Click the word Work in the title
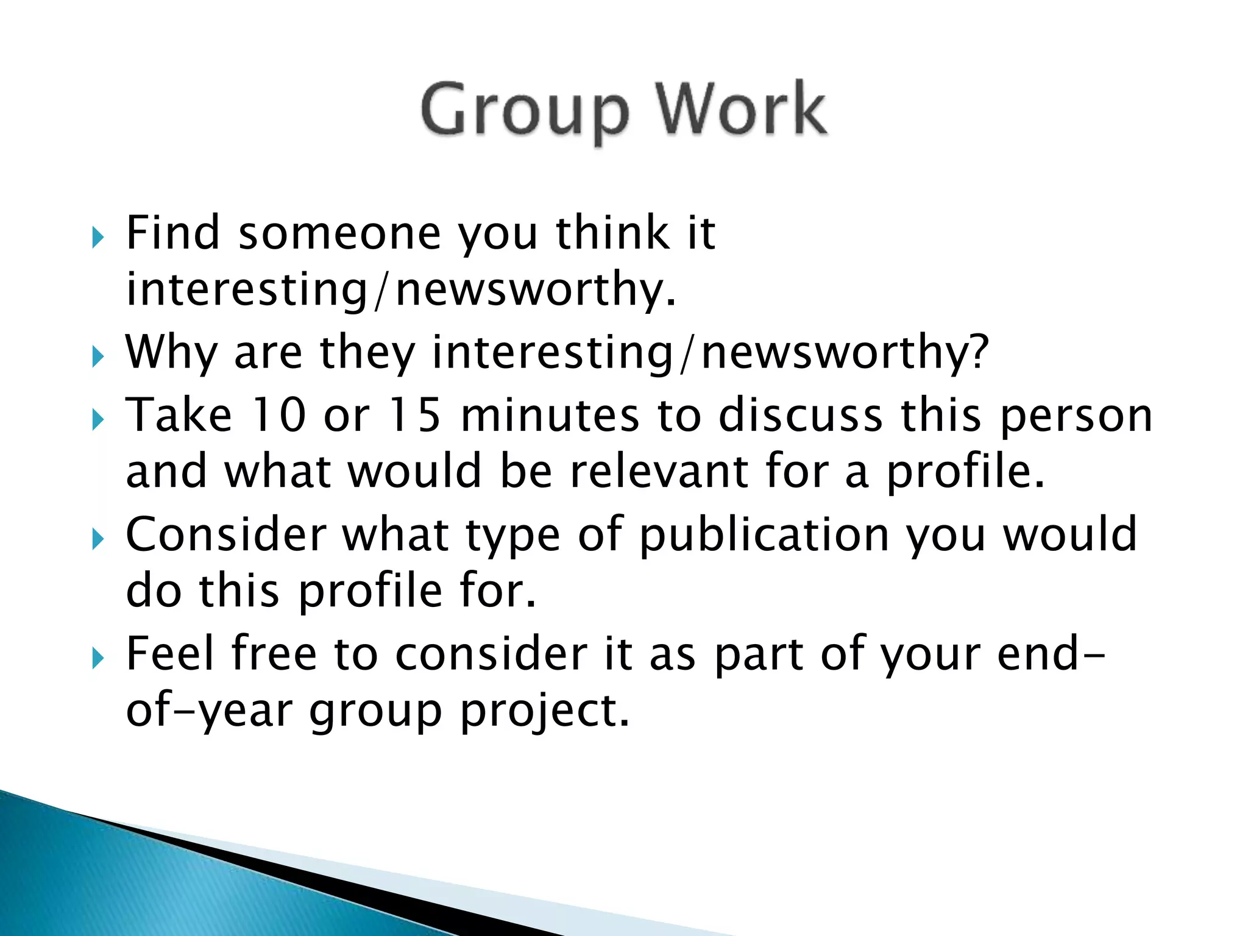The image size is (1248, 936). (x=741, y=110)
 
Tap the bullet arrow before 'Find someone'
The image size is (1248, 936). (x=97, y=238)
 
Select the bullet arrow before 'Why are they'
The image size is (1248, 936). (x=97, y=357)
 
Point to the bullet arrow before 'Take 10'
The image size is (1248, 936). (x=97, y=420)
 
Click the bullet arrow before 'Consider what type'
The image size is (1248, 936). (x=97, y=539)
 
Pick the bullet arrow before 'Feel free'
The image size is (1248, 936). (x=97, y=658)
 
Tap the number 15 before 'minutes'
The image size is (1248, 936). (x=414, y=416)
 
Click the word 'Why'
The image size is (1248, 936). (x=171, y=353)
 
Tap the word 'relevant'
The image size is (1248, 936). (x=659, y=472)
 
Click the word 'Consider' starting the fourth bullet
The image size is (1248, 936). (x=226, y=534)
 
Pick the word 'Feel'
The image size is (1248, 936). (x=170, y=654)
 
